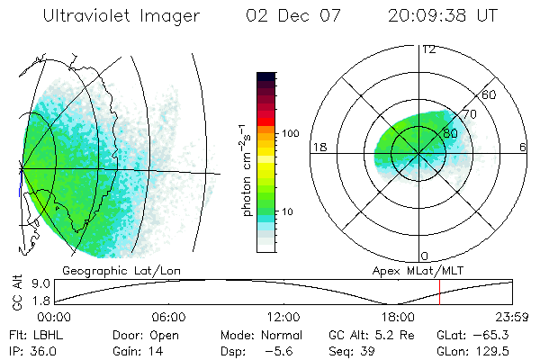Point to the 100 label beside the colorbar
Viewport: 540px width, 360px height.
point(290,133)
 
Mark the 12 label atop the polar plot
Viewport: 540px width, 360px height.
point(428,49)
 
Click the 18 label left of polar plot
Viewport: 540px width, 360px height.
point(318,147)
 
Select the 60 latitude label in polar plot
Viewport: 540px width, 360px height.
point(490,94)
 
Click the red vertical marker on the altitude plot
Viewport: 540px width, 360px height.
point(439,292)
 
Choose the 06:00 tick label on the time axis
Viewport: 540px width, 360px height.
point(168,317)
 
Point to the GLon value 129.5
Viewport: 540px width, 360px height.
point(494,351)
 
